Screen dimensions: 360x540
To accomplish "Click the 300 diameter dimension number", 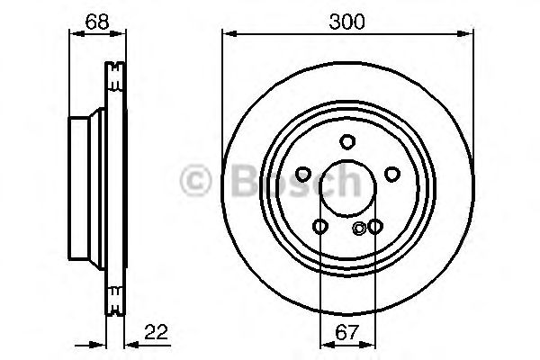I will (347, 20).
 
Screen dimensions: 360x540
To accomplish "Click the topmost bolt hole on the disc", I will (347, 140).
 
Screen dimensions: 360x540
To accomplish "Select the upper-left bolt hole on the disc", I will (304, 174).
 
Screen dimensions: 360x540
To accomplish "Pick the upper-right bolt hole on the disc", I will (391, 174).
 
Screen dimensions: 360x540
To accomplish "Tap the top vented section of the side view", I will (114, 76).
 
